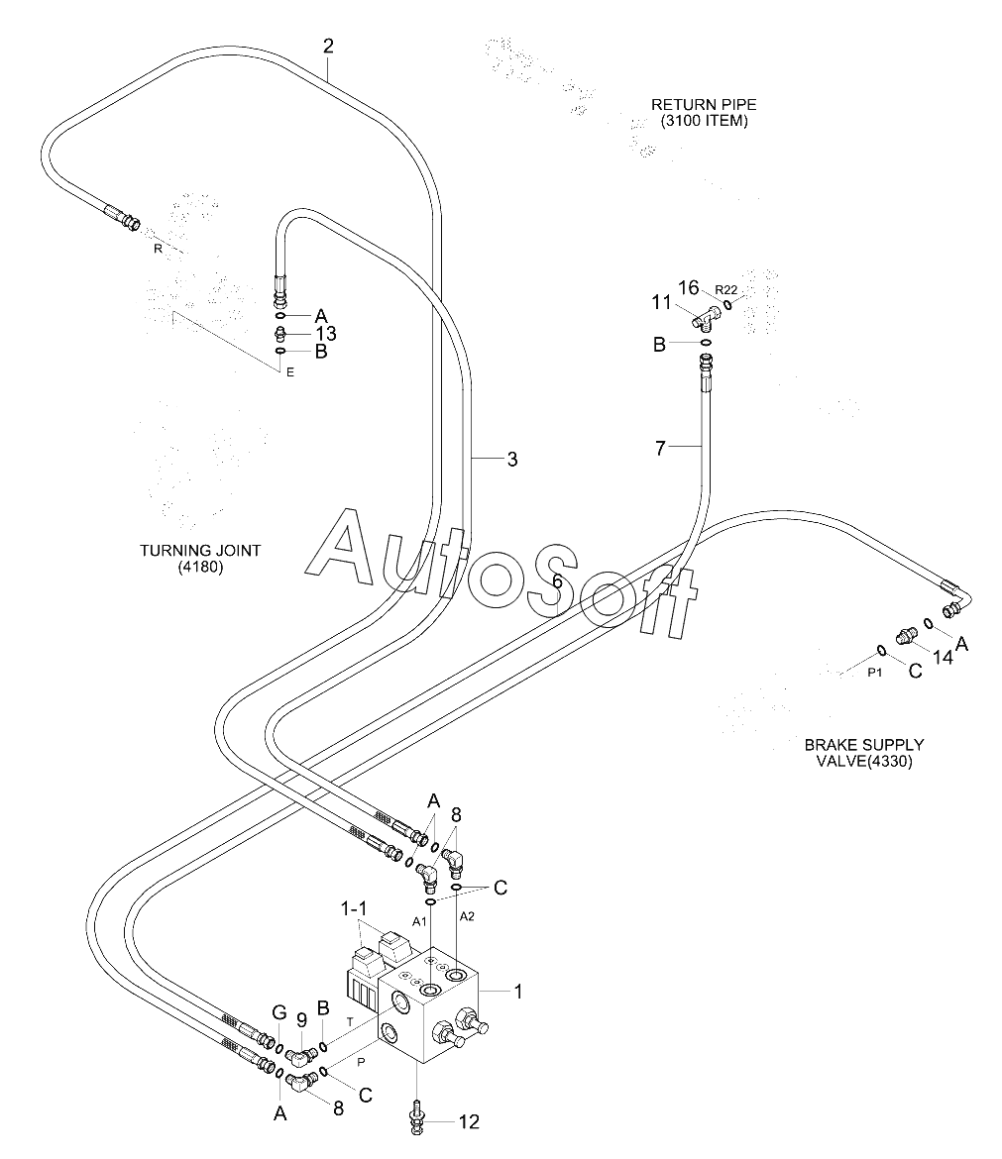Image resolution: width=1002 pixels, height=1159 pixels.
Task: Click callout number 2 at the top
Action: (328, 47)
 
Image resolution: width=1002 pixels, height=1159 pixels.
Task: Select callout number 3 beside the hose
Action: (511, 460)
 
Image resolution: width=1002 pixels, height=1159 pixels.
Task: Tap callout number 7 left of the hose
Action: (660, 448)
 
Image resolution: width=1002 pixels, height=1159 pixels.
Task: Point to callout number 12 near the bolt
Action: (469, 1122)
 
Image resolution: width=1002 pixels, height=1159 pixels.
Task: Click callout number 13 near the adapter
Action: (326, 334)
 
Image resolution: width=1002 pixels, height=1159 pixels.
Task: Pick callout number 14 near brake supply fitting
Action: (943, 657)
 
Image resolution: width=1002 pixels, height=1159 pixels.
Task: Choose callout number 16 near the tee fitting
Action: (689, 287)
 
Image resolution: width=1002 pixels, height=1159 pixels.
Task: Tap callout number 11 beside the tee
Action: (661, 302)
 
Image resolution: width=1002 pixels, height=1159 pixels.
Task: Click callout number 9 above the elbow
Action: (301, 1020)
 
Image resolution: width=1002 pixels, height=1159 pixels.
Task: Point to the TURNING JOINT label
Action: (200, 551)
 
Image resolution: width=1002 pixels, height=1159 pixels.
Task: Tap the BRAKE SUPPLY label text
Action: (864, 744)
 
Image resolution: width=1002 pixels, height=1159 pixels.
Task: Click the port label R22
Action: (726, 290)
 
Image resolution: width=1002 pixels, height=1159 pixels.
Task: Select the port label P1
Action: (875, 673)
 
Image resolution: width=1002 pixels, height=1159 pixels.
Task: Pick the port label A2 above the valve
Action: (467, 916)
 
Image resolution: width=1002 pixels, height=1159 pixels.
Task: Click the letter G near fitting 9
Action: (278, 1012)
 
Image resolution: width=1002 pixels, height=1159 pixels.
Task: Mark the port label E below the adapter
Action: (289, 372)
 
